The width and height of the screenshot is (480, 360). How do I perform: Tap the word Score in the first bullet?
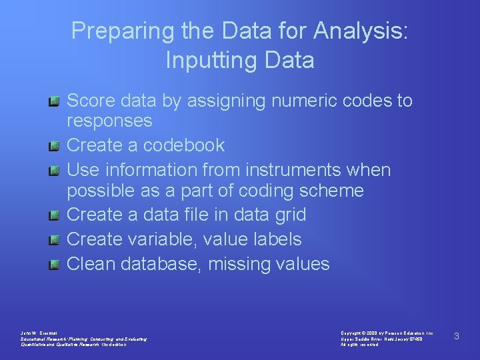click(x=90, y=101)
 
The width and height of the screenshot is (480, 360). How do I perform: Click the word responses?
click(x=109, y=121)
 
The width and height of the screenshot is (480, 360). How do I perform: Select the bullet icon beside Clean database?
click(x=55, y=265)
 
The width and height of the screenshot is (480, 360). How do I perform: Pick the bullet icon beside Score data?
click(x=55, y=101)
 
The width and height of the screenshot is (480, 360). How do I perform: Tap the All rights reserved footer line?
click(x=360, y=345)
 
